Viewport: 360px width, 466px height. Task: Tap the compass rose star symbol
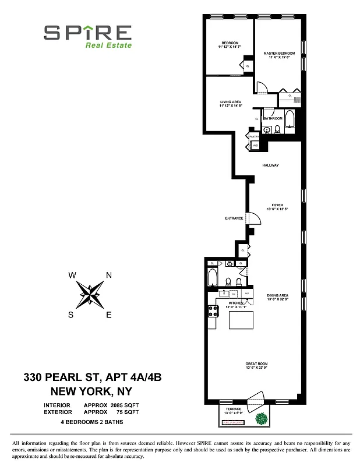click(x=90, y=295)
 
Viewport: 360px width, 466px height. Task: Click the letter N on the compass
click(x=108, y=276)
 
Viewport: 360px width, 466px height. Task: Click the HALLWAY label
click(x=270, y=165)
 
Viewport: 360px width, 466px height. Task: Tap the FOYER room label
click(x=277, y=205)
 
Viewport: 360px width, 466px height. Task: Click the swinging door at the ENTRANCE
click(x=255, y=219)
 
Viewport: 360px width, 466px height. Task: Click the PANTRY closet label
click(x=255, y=137)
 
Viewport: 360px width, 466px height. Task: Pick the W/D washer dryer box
click(x=255, y=146)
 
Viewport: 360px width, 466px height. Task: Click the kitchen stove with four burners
click(x=213, y=312)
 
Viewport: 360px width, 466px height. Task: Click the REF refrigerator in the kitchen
click(x=247, y=294)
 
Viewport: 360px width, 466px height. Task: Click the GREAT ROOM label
click(x=256, y=364)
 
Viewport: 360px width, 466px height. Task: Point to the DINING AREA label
click(x=278, y=295)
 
